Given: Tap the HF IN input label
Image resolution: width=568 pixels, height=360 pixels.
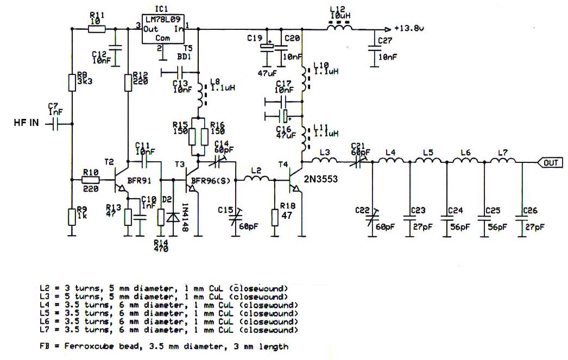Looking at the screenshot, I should click(26, 124).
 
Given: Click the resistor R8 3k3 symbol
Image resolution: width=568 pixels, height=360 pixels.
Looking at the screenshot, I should click(72, 83).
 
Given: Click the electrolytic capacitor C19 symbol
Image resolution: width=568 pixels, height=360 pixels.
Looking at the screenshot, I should click(267, 47).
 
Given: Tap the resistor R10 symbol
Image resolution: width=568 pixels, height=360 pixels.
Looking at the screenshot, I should click(91, 179).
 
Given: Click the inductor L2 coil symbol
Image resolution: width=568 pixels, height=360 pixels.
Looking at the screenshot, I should click(258, 180).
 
